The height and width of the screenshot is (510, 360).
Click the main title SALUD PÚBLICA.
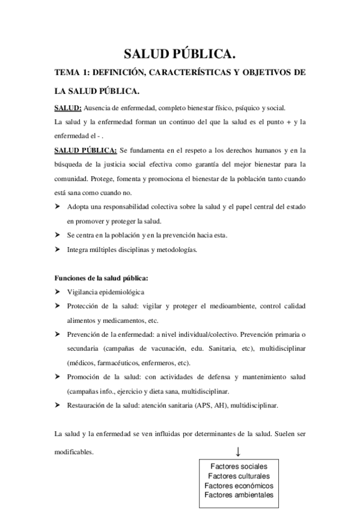coord(180,55)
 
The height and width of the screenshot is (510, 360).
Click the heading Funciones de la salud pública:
coord(100,278)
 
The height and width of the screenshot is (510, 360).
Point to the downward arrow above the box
coord(239,451)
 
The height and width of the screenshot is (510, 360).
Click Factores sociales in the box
coord(239,466)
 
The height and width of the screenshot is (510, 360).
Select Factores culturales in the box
coord(239,476)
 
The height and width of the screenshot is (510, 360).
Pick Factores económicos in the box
coord(239,485)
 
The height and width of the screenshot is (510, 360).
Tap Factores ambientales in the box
coord(239,495)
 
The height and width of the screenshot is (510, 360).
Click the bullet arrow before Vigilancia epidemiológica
coord(57,292)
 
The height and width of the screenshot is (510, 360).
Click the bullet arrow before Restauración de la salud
coord(57,405)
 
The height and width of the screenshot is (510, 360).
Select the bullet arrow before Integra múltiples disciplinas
coord(57,248)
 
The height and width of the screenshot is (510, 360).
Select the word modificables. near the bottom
coord(73,452)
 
